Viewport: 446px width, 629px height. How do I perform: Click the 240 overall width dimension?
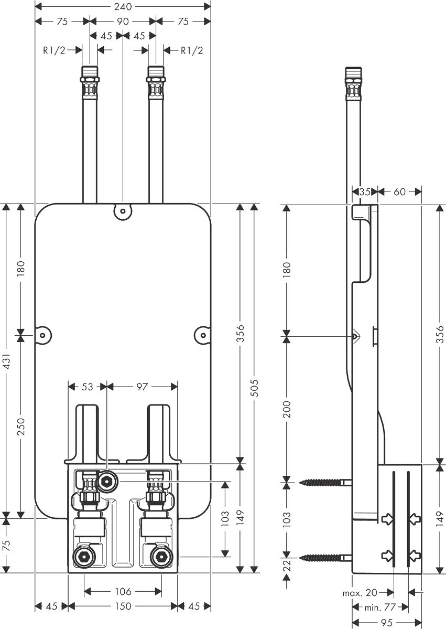[x=123, y=6]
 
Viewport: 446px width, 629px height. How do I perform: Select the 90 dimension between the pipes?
[x=123, y=22]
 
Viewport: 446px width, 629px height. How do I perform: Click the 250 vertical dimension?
[x=21, y=427]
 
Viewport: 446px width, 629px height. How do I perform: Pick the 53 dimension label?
[x=88, y=386]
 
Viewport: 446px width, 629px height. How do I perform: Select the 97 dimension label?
[x=142, y=386]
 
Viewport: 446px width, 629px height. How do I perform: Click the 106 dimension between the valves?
[x=123, y=591]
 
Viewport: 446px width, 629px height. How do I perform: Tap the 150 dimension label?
[x=123, y=606]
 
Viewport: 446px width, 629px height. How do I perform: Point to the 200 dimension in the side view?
[x=286, y=409]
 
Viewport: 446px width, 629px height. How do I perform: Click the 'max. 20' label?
[x=360, y=592]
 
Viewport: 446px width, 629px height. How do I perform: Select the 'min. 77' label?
[x=380, y=607]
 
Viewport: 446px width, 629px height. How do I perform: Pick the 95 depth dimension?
[x=387, y=623]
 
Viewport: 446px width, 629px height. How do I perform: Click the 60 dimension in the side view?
[x=399, y=192]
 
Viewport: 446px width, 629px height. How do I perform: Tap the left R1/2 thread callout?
[x=54, y=50]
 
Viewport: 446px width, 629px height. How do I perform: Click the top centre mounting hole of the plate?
[x=123, y=211]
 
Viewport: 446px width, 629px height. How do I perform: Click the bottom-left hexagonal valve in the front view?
[x=83, y=557]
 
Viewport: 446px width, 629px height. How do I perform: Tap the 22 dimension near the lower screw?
[x=286, y=565]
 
